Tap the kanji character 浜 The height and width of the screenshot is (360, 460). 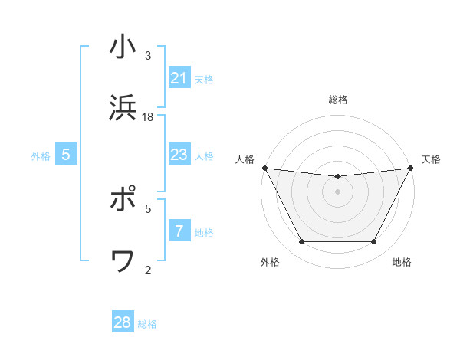[x=123, y=109]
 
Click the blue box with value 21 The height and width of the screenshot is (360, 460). [x=179, y=78]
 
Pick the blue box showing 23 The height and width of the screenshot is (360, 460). [x=179, y=155]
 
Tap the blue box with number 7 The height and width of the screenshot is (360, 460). [x=179, y=231]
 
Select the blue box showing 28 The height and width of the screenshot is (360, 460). [x=123, y=322]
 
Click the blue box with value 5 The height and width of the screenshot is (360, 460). [x=66, y=155]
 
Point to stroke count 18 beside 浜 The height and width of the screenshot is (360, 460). [x=148, y=116]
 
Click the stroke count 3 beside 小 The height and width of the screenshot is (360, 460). [x=148, y=55]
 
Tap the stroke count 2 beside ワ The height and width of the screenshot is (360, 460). [x=148, y=269]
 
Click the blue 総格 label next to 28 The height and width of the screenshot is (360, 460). [x=147, y=324]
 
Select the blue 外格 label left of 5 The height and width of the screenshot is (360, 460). [x=41, y=156]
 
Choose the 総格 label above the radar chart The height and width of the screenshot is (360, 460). [x=338, y=100]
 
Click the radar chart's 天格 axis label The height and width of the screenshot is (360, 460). [x=431, y=159]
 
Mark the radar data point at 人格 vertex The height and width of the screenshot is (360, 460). [x=264, y=168]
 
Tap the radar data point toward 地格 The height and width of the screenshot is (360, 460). [x=374, y=242]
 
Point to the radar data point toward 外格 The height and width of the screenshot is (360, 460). [x=301, y=242]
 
